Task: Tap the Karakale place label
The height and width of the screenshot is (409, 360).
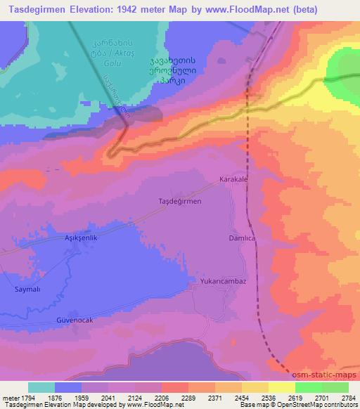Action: (234, 179)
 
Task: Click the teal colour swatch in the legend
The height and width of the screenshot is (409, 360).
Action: (41, 387)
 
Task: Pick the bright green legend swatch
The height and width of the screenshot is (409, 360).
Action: (308, 387)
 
